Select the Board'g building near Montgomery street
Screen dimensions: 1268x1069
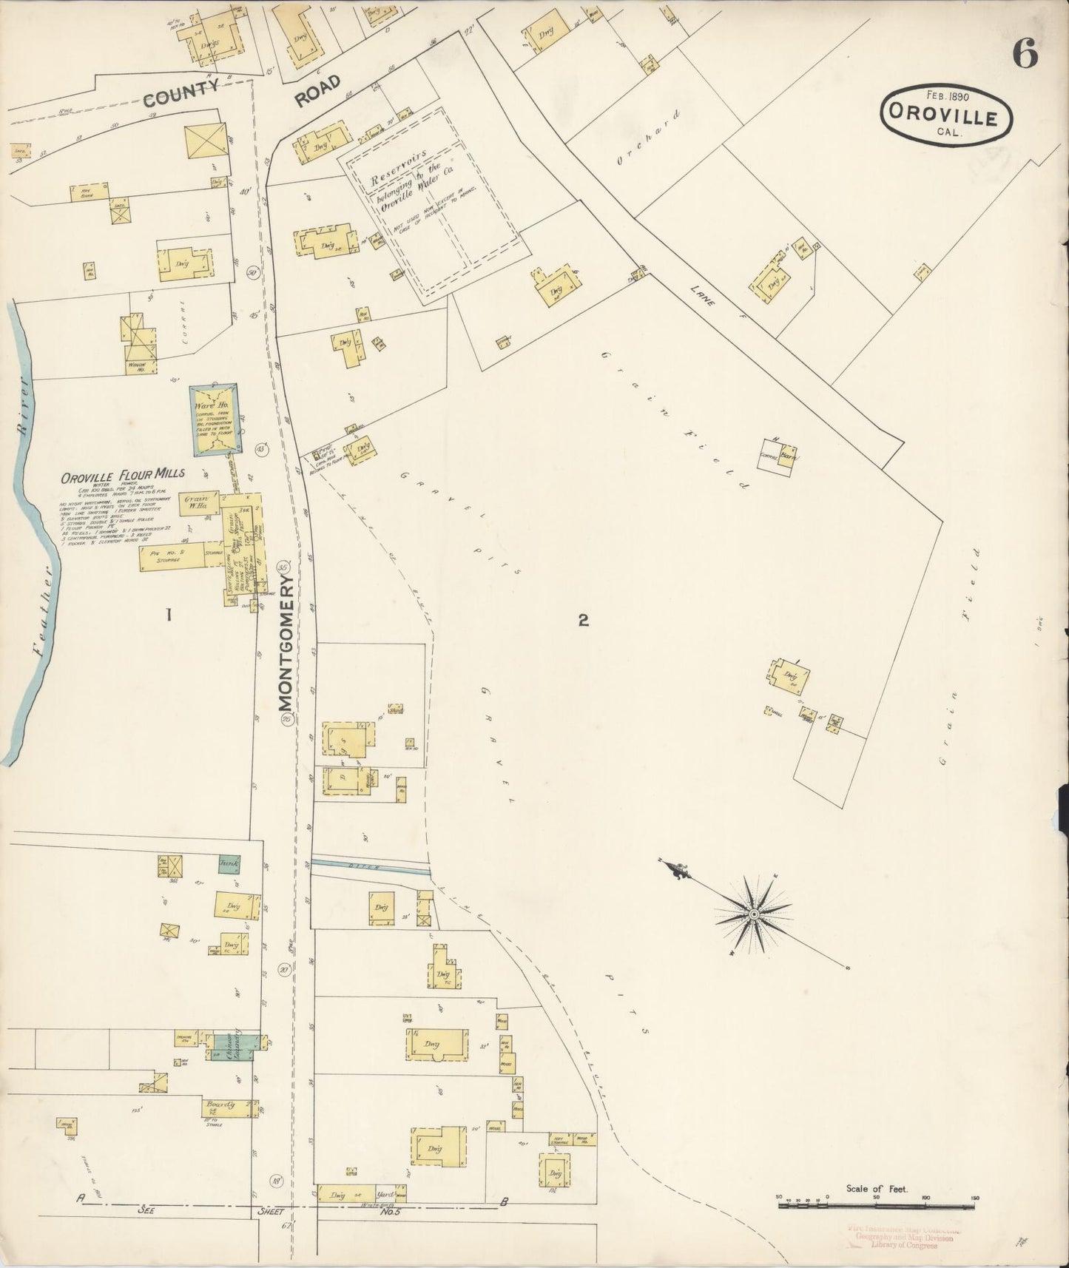[x=224, y=1107]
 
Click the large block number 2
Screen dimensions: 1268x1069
[x=583, y=621]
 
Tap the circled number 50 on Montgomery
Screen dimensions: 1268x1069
[x=253, y=272]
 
